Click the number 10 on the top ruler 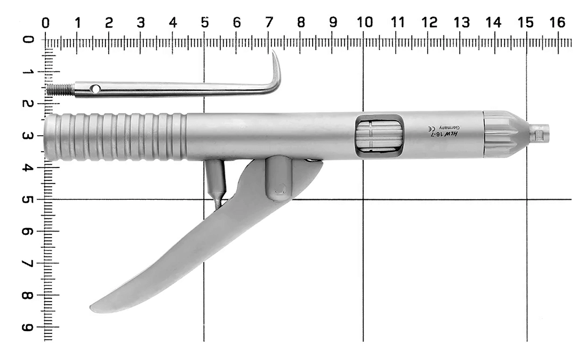click(365, 23)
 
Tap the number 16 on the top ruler click(557, 23)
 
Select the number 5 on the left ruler click(27, 200)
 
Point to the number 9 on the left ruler click(27, 328)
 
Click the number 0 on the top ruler click(45, 23)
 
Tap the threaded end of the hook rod click(60, 89)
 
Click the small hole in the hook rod click(95, 89)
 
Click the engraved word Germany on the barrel click(449, 128)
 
